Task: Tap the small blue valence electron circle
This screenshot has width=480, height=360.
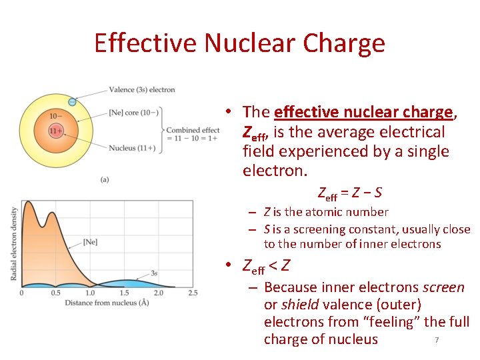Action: (x=72, y=102)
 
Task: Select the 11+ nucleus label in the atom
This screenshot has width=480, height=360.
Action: (x=56, y=131)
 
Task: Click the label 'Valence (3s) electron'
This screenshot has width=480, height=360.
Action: (x=142, y=89)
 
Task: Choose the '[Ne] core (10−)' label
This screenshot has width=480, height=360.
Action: (x=133, y=112)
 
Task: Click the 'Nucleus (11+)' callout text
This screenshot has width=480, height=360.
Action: (x=132, y=147)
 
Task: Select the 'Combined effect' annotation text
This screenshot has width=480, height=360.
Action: (x=193, y=130)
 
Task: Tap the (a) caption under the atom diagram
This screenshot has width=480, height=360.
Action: (x=105, y=179)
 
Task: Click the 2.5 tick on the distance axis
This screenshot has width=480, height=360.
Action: (x=193, y=293)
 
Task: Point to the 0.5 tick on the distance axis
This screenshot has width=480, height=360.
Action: (x=56, y=293)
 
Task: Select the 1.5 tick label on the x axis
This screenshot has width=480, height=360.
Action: (x=124, y=293)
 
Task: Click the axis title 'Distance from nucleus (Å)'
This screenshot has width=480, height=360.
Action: (x=106, y=303)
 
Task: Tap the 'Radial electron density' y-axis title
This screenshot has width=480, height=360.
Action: (x=15, y=243)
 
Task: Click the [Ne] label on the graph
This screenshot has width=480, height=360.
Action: (x=91, y=241)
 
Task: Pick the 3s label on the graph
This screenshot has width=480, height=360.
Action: (x=154, y=273)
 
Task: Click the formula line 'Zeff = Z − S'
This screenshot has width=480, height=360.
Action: (x=350, y=194)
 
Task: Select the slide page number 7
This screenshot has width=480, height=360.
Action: (x=437, y=341)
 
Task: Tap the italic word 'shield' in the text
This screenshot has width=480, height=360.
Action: (x=299, y=305)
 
